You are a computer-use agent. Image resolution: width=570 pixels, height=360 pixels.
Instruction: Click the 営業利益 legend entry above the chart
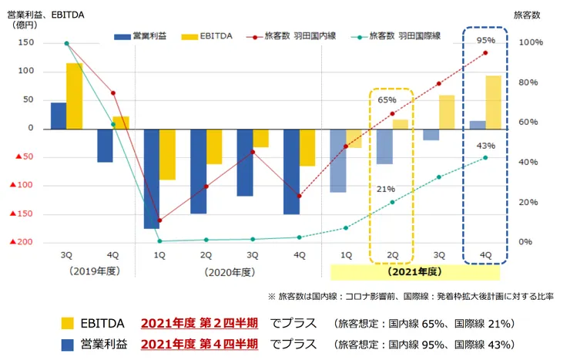click(139, 35)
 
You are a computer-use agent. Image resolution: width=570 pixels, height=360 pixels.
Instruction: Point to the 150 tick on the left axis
click(26, 43)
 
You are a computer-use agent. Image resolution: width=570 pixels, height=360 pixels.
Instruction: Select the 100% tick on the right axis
click(532, 43)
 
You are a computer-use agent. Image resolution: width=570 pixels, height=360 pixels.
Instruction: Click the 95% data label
click(485, 40)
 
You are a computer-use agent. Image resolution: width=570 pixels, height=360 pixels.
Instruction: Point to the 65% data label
click(387, 100)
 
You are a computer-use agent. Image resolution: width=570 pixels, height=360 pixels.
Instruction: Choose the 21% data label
click(387, 189)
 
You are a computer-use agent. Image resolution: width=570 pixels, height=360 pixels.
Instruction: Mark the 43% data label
click(486, 146)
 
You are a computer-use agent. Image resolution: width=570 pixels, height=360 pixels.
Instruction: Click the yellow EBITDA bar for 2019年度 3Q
click(74, 96)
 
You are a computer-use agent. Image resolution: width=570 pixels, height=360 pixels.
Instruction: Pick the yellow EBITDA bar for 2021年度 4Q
click(493, 102)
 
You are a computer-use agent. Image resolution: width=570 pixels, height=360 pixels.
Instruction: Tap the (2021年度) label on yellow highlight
click(414, 272)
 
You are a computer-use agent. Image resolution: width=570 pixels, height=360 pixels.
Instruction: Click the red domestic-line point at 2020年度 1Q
click(159, 220)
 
